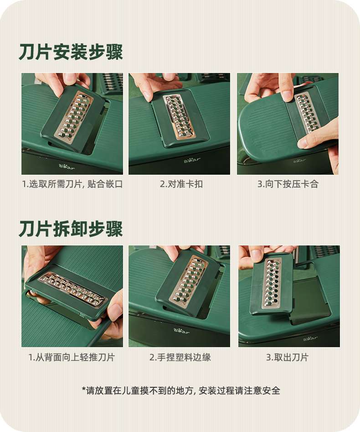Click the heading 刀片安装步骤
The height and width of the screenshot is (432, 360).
[x=71, y=52]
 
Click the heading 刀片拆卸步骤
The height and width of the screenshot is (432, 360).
[x=71, y=229]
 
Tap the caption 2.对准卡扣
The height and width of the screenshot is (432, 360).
[x=181, y=184]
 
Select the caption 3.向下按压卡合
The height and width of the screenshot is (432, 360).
[x=288, y=184]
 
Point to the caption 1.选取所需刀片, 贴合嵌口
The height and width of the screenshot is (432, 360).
[x=72, y=184]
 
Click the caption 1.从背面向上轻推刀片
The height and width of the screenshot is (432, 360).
[x=72, y=357]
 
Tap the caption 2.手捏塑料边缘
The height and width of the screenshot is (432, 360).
[x=180, y=357]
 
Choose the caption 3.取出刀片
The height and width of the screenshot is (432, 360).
[x=288, y=357]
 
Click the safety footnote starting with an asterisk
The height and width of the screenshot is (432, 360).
[x=181, y=390]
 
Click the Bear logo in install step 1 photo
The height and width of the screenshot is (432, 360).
[x=67, y=167]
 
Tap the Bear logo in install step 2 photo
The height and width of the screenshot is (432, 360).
[x=192, y=160]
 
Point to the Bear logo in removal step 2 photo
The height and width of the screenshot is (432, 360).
[x=182, y=331]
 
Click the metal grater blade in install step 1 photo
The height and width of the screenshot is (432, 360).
[x=74, y=115]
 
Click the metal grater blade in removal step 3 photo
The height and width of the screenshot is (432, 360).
[x=272, y=283]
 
